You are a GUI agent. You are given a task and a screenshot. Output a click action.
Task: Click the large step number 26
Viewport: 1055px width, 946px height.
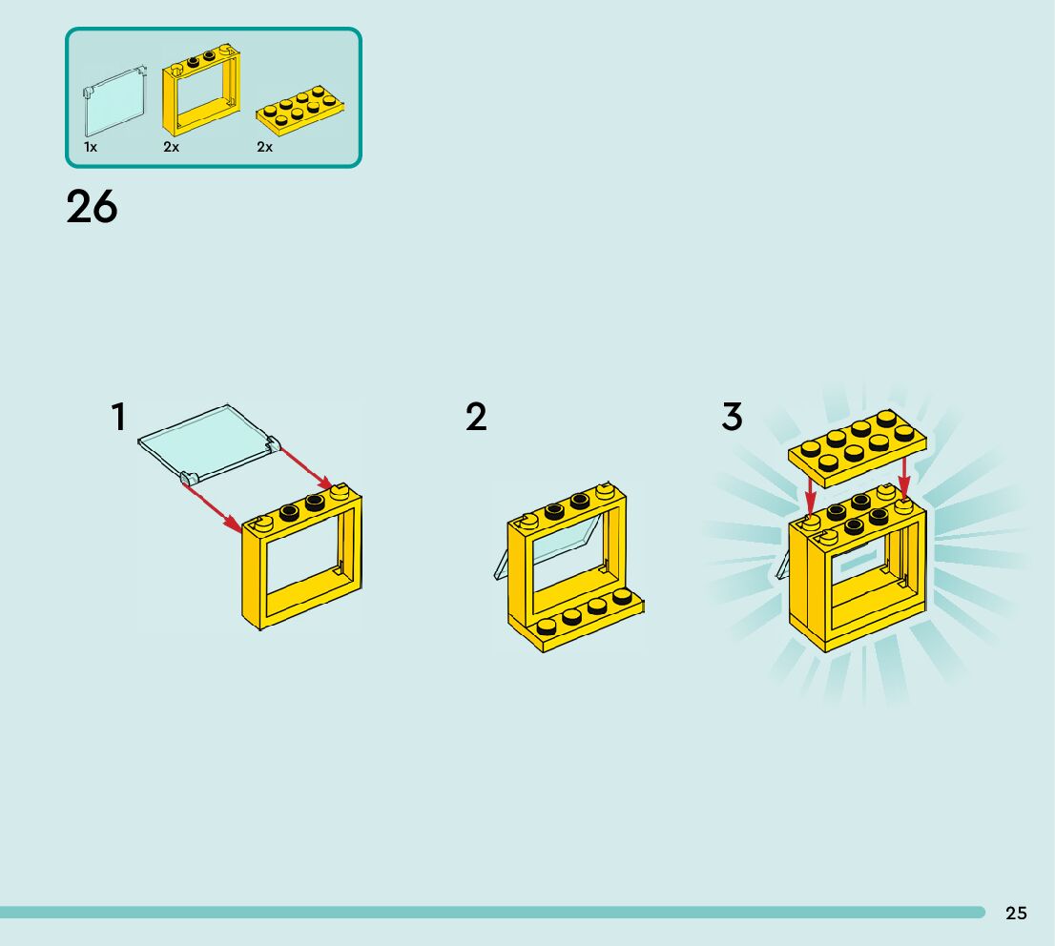click(x=92, y=207)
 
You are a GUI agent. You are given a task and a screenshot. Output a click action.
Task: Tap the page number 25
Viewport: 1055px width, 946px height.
click(x=1016, y=913)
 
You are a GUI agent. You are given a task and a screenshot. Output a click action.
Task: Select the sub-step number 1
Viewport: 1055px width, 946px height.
click(x=118, y=417)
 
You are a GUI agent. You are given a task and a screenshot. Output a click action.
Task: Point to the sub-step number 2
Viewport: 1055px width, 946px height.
click(x=476, y=417)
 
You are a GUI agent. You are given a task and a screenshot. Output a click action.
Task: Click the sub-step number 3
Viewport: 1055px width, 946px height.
click(x=732, y=417)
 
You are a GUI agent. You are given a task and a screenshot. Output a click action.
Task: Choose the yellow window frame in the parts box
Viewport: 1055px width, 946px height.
click(x=201, y=91)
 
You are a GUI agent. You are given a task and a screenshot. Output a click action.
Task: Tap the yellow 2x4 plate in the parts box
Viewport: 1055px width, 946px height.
click(x=300, y=111)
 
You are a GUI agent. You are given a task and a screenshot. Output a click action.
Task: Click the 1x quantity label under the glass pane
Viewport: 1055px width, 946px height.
click(x=91, y=147)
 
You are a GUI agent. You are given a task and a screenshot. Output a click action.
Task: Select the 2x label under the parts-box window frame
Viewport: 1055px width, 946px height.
click(x=172, y=147)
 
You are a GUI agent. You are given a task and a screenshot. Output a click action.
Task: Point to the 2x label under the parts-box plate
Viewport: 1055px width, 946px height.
click(x=264, y=147)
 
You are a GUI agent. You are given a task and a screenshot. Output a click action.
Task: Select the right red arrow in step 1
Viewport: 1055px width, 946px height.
click(x=304, y=466)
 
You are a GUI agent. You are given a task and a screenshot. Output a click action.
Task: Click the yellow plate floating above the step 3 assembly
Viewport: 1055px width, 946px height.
click(x=858, y=444)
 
